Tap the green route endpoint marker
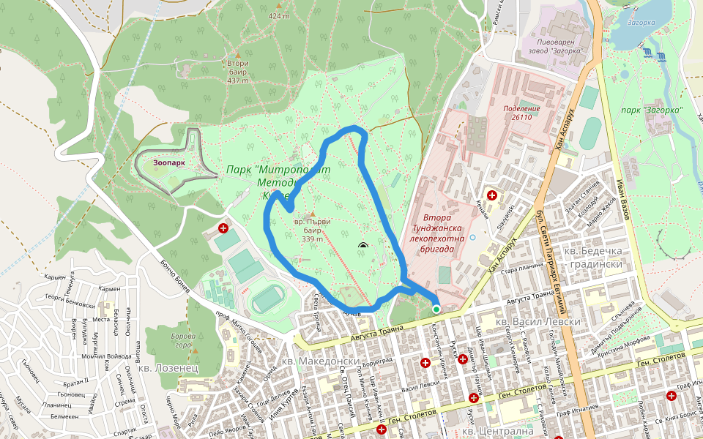[436, 309]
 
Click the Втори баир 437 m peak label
[238, 72]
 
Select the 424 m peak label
[279, 15]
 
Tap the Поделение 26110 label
[521, 113]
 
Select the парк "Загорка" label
[652, 110]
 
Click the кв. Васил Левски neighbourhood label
[538, 321]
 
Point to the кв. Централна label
[513, 432]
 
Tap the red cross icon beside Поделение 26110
[492, 196]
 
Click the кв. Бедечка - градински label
[593, 258]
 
